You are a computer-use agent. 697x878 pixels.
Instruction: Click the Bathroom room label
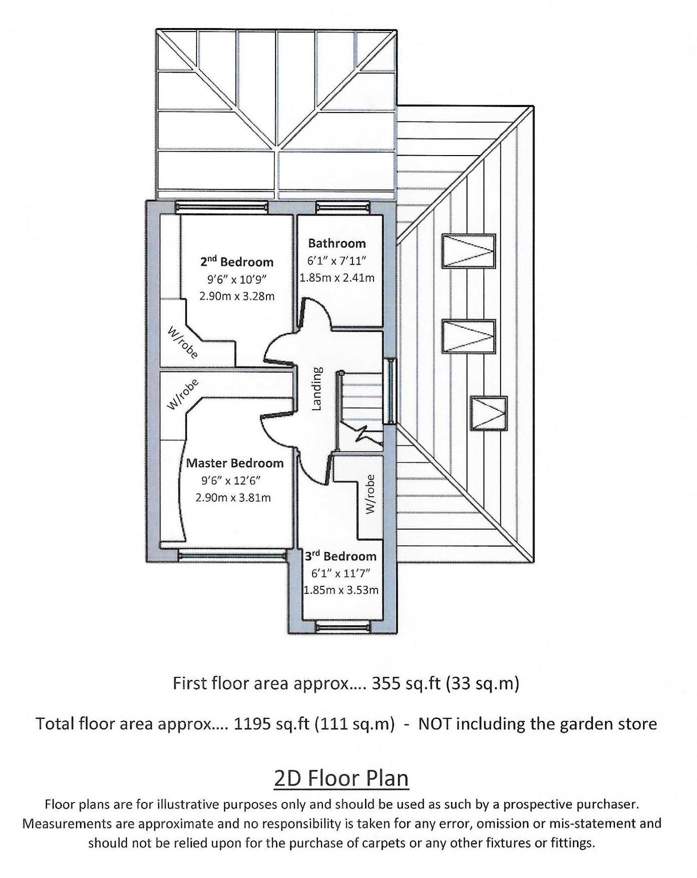pyautogui.click(x=336, y=244)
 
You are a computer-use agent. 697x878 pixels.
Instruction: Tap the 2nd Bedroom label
pyautogui.click(x=237, y=262)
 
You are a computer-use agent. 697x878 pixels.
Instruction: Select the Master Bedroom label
pyautogui.click(x=234, y=463)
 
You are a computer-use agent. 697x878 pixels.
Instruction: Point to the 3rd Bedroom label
pyautogui.click(x=340, y=556)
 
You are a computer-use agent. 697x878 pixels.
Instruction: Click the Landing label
pyautogui.click(x=316, y=389)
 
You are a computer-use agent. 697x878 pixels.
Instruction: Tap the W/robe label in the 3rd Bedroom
pyautogui.click(x=370, y=494)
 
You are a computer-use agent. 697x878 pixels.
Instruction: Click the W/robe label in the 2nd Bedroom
pyautogui.click(x=182, y=342)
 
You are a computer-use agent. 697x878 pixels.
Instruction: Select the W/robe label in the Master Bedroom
pyautogui.click(x=182, y=394)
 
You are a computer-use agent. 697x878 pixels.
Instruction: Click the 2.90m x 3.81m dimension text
pyautogui.click(x=233, y=498)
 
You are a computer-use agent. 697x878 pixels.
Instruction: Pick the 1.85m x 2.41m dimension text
pyautogui.click(x=337, y=278)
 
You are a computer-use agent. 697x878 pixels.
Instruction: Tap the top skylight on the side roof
pyautogui.click(x=468, y=251)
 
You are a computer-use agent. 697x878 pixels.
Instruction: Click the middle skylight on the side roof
pyautogui.click(x=468, y=336)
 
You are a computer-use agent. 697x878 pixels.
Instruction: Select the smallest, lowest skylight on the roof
pyautogui.click(x=488, y=413)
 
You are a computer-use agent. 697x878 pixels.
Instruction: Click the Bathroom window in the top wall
pyautogui.click(x=343, y=205)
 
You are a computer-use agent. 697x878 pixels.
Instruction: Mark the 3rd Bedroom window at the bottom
pyautogui.click(x=342, y=626)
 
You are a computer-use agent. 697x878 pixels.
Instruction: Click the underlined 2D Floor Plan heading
pyautogui.click(x=341, y=778)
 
